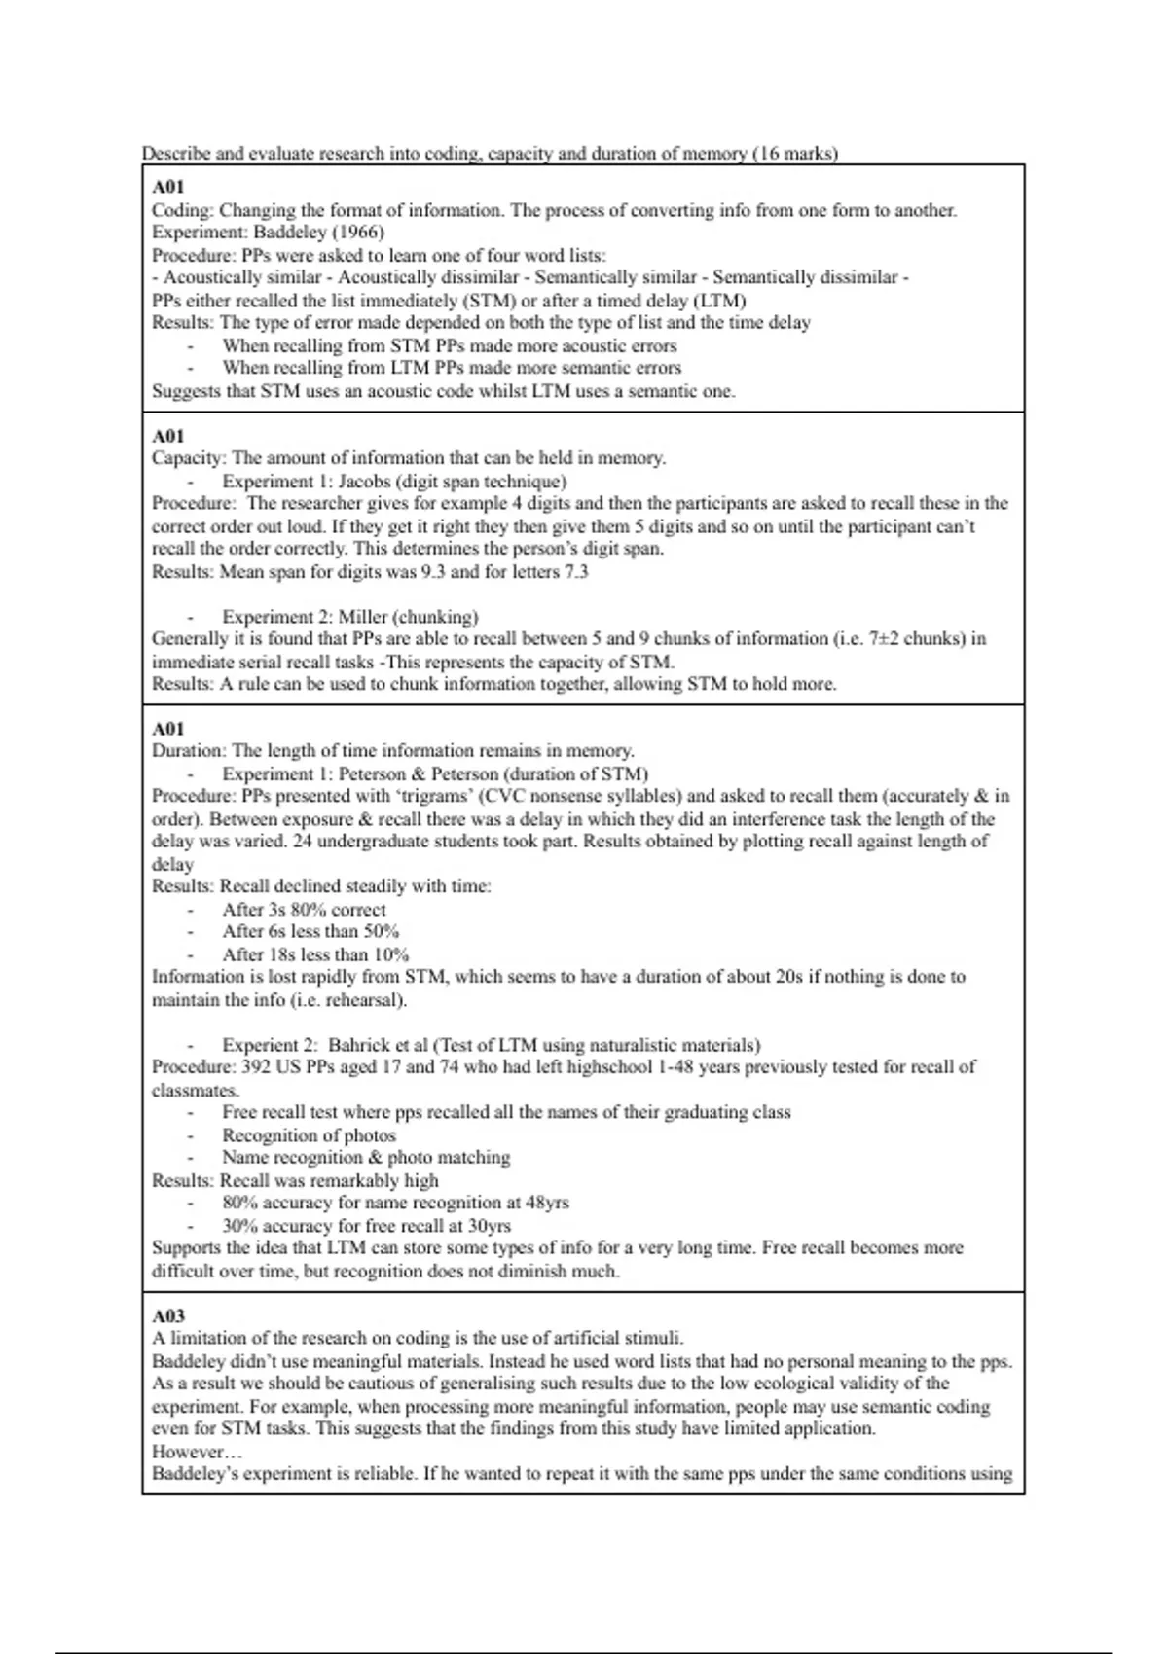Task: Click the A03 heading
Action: (168, 1315)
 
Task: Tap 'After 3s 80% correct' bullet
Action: (304, 910)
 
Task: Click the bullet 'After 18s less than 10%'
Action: (315, 954)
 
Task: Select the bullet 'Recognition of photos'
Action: (309, 1135)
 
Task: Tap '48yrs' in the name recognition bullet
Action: (547, 1203)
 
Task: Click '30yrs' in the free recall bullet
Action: (489, 1226)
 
